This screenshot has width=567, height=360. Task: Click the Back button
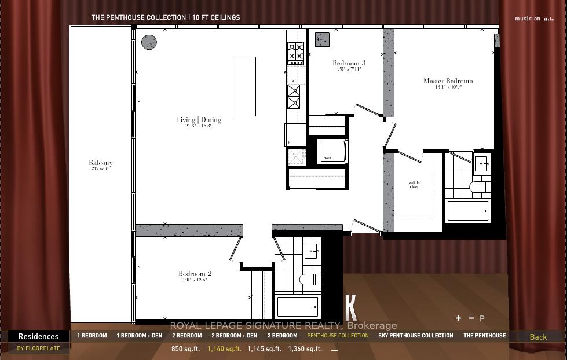(x=538, y=337)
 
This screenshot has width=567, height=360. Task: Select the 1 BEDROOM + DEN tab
(x=140, y=336)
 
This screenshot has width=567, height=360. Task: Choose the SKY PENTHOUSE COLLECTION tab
(x=415, y=336)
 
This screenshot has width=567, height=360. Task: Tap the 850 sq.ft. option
(x=185, y=348)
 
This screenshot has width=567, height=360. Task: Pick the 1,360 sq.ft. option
(x=304, y=348)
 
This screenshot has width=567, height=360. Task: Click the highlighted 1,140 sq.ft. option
(x=224, y=348)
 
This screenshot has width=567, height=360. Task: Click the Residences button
(x=38, y=336)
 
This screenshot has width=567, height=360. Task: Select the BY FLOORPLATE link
(x=38, y=348)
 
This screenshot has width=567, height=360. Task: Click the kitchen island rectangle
(x=246, y=86)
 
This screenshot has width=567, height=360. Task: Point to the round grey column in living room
(x=149, y=42)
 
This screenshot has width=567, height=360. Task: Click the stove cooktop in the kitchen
(x=295, y=53)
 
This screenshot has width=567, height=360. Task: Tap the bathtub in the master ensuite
(x=467, y=211)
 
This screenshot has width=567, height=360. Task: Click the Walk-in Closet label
(x=414, y=185)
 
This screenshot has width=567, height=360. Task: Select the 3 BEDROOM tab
(x=282, y=336)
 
